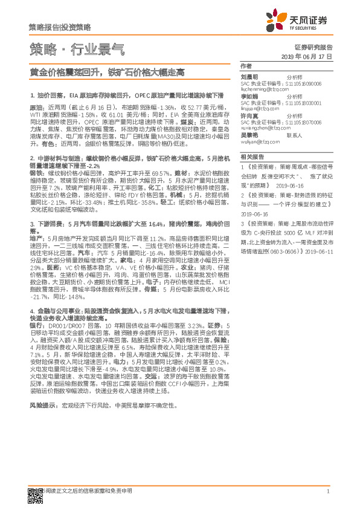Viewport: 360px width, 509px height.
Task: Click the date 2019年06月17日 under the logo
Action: [x=307, y=56]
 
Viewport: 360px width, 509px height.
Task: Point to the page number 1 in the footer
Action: [x=327, y=491]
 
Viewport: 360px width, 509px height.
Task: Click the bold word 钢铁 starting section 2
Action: [x=36, y=173]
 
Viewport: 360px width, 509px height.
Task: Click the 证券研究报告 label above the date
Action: [x=313, y=47]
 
